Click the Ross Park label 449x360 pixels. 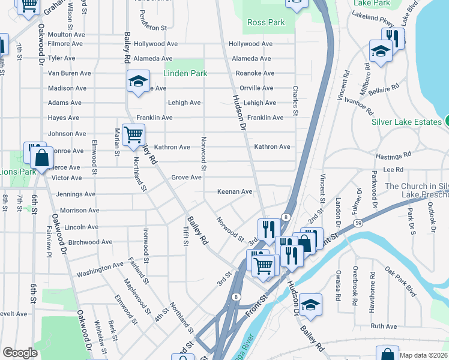coord(266,23)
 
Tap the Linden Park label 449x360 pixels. coord(185,73)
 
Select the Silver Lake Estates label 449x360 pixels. coord(406,122)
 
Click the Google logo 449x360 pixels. coord(19,353)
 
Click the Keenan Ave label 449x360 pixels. coord(235,192)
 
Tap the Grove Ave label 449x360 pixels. coord(186,178)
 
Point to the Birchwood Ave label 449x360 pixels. coord(91,242)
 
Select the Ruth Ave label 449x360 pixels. coord(384,326)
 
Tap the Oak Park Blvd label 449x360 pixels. coord(400,281)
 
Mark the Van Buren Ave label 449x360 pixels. coord(69,73)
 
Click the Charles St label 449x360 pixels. coord(295,100)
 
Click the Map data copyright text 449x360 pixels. coord(423,355)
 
